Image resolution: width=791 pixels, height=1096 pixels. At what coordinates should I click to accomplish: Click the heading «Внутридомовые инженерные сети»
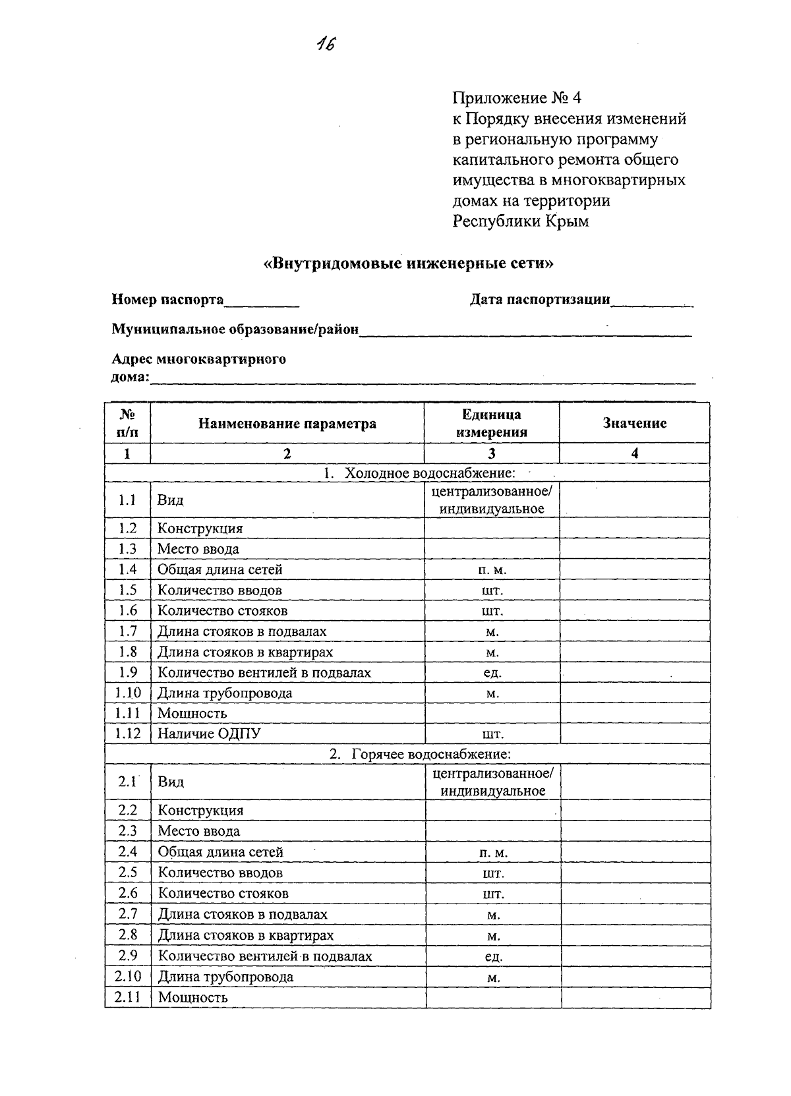[408, 264]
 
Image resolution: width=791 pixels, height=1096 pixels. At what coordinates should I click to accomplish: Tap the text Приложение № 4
[517, 98]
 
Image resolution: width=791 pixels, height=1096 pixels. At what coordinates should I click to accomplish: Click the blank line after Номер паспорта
[262, 302]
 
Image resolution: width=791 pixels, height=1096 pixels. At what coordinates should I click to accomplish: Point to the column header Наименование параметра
[287, 424]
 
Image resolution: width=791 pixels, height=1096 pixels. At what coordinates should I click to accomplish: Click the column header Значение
[634, 423]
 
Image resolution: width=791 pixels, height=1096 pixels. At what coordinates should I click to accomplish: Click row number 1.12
[128, 734]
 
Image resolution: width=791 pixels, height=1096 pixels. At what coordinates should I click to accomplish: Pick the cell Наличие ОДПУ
[209, 734]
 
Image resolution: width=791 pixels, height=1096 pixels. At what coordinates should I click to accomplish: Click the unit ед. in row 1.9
[492, 673]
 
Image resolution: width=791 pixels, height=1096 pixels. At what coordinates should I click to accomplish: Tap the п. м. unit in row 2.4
[493, 853]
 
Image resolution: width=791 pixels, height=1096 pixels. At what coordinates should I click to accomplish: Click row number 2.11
[128, 997]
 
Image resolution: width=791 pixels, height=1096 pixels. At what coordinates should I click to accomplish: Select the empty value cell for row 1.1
[634, 500]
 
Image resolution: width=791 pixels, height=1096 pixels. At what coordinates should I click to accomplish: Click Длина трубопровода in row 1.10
[224, 693]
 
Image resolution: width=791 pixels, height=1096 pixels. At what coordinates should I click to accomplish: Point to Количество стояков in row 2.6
[223, 894]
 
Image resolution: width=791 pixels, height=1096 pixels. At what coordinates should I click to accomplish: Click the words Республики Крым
[520, 221]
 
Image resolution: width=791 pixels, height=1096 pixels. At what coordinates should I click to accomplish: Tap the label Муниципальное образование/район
[235, 330]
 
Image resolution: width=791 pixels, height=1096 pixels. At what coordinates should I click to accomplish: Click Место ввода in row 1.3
[198, 549]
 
